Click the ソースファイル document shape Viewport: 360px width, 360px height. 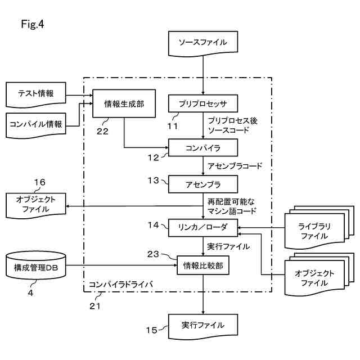[203, 42]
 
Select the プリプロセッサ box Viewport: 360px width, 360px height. [203, 105]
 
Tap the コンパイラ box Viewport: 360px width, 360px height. [203, 148]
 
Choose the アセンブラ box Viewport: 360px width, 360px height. [203, 184]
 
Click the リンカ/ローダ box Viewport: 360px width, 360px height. [203, 227]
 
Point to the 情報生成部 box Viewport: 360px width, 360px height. [124, 103]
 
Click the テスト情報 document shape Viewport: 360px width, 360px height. [36, 94]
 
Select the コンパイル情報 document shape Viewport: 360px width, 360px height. [36, 124]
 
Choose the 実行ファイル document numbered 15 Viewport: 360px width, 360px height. [203, 326]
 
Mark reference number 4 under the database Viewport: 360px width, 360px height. [31, 292]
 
